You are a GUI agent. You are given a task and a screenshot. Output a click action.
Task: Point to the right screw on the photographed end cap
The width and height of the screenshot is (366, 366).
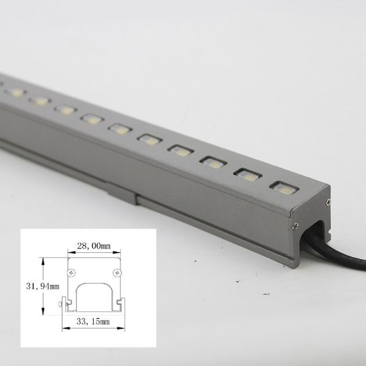click(328, 202)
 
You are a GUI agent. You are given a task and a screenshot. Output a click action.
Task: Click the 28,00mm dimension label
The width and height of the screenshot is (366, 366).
click(94, 246)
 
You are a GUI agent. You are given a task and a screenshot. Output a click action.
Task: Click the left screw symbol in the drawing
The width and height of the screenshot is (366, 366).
click(72, 272)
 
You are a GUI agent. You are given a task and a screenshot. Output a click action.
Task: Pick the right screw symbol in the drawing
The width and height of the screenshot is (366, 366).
click(116, 272)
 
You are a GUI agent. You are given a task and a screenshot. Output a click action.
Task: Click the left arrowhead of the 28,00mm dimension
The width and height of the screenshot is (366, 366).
click(70, 253)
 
